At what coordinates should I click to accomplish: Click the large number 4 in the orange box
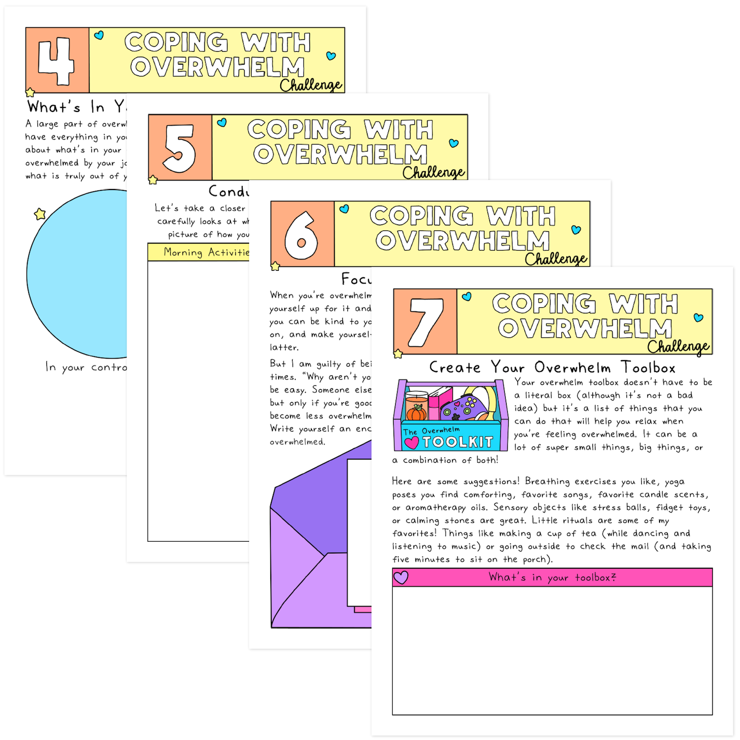(x=56, y=61)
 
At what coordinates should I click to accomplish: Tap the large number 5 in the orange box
(x=180, y=148)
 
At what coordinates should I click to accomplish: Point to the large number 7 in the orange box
(x=426, y=322)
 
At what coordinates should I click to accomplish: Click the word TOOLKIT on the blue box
(x=457, y=442)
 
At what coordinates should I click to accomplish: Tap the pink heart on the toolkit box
(x=412, y=443)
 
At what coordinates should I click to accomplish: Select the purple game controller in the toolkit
(x=464, y=406)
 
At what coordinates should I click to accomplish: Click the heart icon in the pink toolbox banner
(x=401, y=577)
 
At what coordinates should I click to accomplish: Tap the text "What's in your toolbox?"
(x=552, y=577)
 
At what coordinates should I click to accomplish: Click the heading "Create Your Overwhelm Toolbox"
(x=552, y=367)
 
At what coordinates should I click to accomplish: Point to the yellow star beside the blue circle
(x=40, y=214)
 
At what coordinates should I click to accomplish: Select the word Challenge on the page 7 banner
(x=678, y=346)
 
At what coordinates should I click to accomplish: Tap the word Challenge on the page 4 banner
(x=311, y=85)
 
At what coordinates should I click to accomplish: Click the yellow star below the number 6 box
(x=275, y=266)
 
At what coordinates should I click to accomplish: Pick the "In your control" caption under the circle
(x=86, y=367)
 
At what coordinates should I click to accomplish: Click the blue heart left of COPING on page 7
(x=467, y=296)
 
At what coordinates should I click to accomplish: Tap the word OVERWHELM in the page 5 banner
(x=340, y=154)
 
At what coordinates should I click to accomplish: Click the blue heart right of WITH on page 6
(x=576, y=229)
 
